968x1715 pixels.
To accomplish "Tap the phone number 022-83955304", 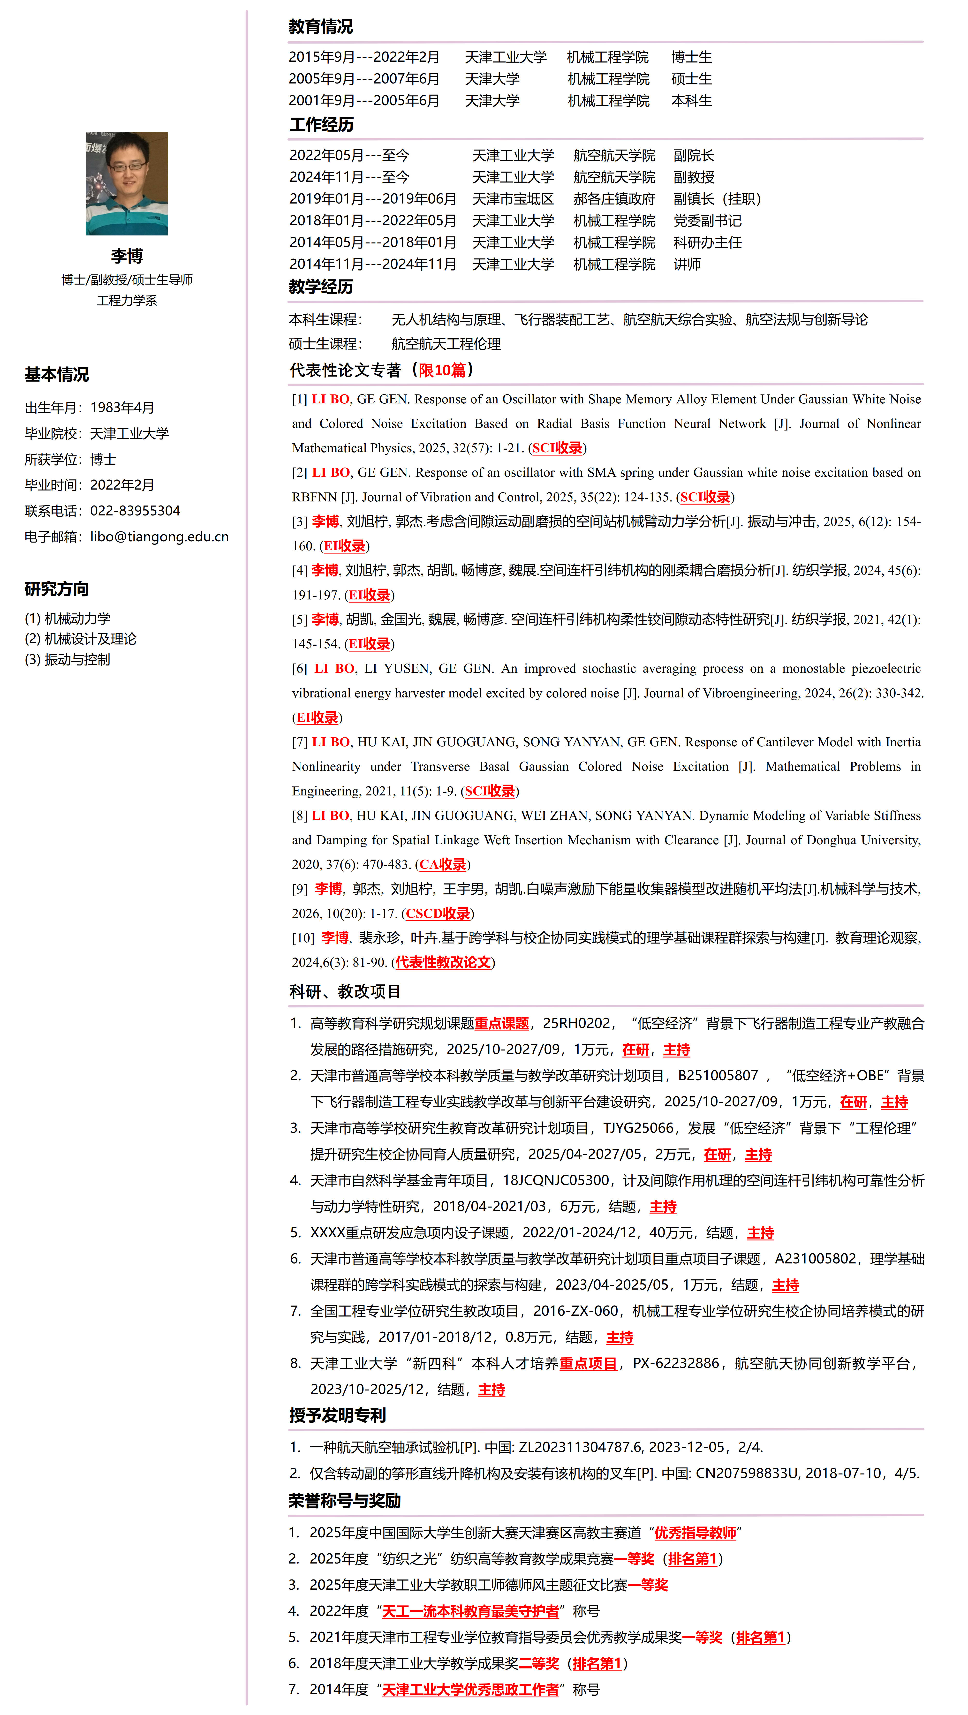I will point(135,511).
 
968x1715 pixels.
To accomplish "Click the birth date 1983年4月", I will point(122,408).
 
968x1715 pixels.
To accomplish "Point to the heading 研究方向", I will point(57,589).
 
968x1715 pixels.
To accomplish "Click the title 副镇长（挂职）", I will point(717,199).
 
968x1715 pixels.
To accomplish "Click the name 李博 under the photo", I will point(127,256).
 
